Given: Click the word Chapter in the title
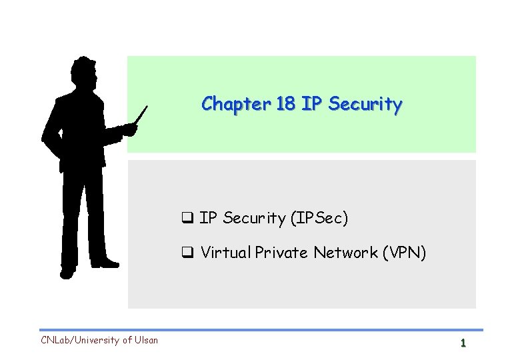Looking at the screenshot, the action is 227,104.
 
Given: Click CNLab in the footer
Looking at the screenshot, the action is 55,340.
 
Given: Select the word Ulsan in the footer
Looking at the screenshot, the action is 145,340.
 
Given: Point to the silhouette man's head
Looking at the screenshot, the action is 85,71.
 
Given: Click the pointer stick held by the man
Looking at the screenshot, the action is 141,115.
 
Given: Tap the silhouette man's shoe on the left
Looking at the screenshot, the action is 67,272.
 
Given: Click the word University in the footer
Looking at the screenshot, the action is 98,340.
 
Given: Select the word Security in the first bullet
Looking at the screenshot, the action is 254,218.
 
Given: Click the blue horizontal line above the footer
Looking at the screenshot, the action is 260,330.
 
